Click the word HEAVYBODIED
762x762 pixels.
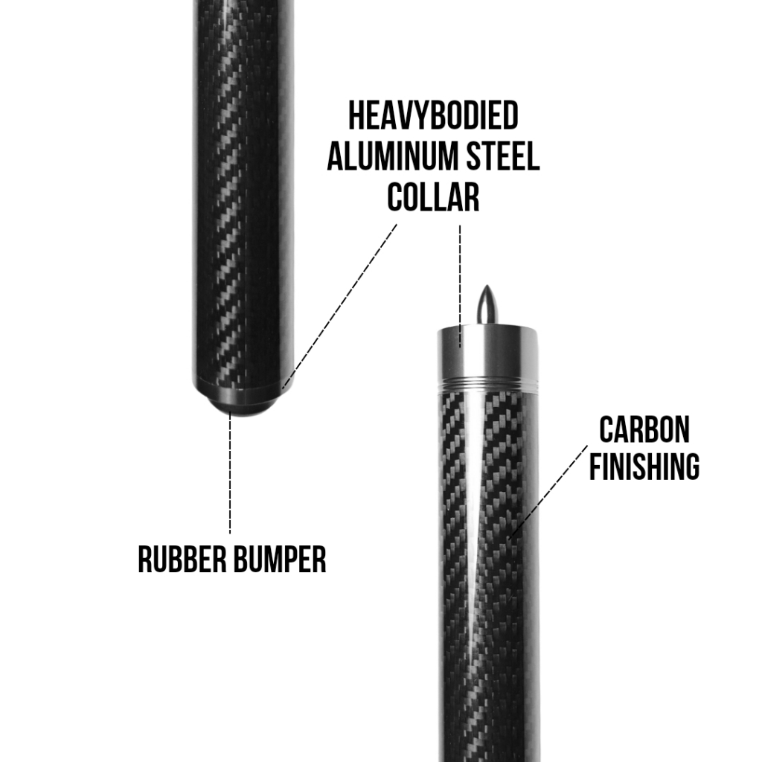tap(433, 117)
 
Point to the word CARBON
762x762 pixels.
tap(644, 429)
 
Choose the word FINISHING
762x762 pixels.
tap(644, 467)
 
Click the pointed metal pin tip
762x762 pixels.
tap(487, 301)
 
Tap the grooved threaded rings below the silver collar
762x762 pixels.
tap(487, 386)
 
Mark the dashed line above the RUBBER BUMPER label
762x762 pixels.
tap(230, 476)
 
